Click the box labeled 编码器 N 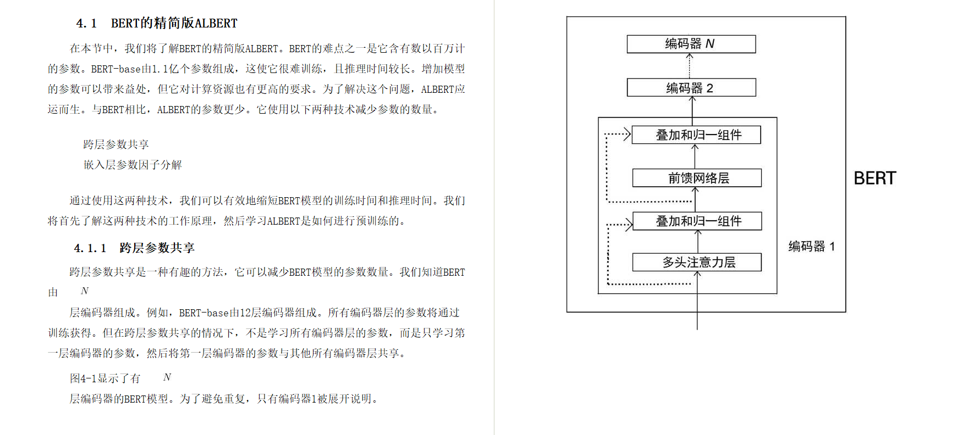pyautogui.click(x=691, y=44)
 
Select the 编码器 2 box pyautogui.click(x=691, y=88)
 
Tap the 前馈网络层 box pyautogui.click(x=697, y=178)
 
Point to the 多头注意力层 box pyautogui.click(x=697, y=262)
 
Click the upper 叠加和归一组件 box pyautogui.click(x=696, y=135)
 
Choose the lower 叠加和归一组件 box pyautogui.click(x=697, y=221)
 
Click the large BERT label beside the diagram pyautogui.click(x=874, y=179)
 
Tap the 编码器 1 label pyautogui.click(x=811, y=247)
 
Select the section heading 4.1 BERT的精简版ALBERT pyautogui.click(x=157, y=23)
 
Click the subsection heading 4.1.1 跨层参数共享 pyautogui.click(x=134, y=248)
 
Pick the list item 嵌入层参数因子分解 pyautogui.click(x=133, y=165)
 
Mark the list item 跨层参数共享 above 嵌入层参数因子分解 pyautogui.click(x=116, y=144)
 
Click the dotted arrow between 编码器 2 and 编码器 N pyautogui.click(x=690, y=66)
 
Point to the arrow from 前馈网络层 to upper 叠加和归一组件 pyautogui.click(x=695, y=157)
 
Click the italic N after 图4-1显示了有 pyautogui.click(x=167, y=377)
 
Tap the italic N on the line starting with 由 pyautogui.click(x=84, y=291)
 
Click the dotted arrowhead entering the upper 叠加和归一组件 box pyautogui.click(x=626, y=134)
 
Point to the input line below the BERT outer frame pyautogui.click(x=697, y=321)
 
